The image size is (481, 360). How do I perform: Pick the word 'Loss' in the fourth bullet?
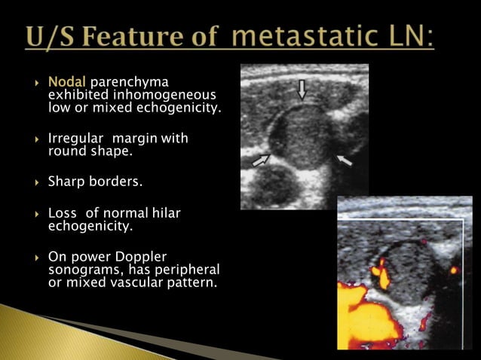[x=63, y=214]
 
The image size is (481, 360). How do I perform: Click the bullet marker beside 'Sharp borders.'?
[x=36, y=182]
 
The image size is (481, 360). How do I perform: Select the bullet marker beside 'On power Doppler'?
[x=36, y=257]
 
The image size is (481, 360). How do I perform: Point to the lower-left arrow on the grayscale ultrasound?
[x=261, y=159]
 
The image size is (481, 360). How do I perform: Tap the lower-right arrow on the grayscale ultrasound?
[x=344, y=159]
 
